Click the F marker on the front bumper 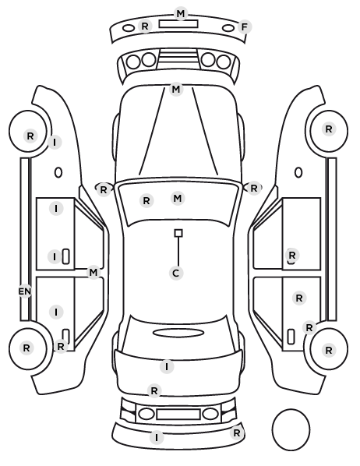pos(245,27)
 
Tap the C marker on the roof pos(176,273)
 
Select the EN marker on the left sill pos(25,291)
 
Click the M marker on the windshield pos(178,198)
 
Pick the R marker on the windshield pos(146,200)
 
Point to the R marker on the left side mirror pos(103,189)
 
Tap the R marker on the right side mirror pos(253,188)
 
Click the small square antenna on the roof pos(178,233)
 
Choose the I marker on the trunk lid pos(167,367)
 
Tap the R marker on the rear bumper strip pos(237,433)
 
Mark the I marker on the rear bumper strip pos(157,437)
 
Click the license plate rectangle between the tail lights pos(178,415)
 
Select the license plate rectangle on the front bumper pos(178,24)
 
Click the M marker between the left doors pos(94,272)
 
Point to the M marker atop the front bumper pos(181,14)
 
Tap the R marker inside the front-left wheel pos(30,136)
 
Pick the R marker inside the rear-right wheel pos(329,350)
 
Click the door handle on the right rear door pos(291,337)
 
